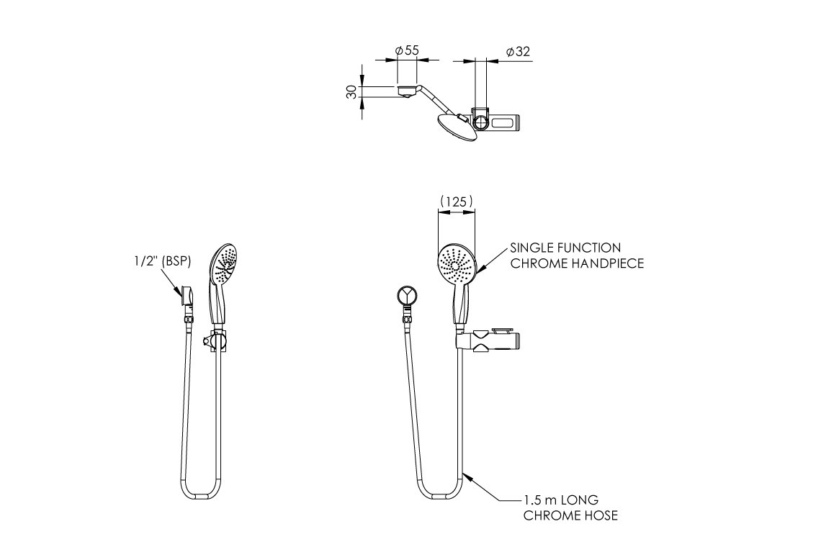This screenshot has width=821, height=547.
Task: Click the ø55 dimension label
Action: click(x=407, y=50)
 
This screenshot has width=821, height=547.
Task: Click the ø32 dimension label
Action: click(x=518, y=51)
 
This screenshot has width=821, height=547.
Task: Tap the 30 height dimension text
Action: click(x=352, y=92)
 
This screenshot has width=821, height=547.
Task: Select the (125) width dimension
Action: click(x=457, y=201)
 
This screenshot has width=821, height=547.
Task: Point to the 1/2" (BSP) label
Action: click(x=162, y=261)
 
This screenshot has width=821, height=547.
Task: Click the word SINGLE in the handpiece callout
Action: click(x=531, y=248)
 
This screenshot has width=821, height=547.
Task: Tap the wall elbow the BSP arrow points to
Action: click(x=187, y=296)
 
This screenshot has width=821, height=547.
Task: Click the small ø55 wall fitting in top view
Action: click(x=407, y=91)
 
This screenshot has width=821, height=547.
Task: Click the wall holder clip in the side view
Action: click(x=215, y=341)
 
